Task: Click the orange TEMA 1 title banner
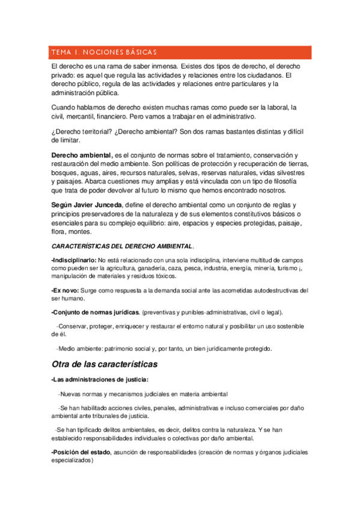click(180, 52)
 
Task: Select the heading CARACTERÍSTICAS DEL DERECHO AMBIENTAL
click(123, 247)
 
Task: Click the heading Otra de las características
click(105, 364)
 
